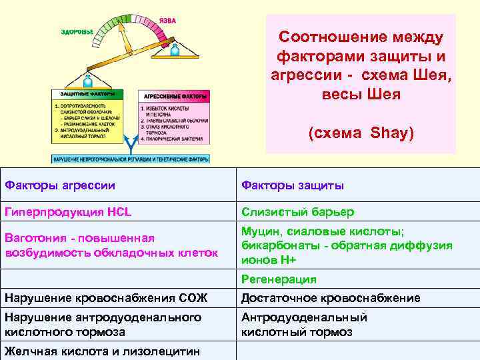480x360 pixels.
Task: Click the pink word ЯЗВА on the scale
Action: pos(168,21)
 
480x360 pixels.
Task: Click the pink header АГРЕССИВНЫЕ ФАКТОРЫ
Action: pos(173,96)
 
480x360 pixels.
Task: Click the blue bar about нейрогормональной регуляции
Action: pos(131,159)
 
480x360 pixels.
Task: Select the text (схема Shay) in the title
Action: pos(361,134)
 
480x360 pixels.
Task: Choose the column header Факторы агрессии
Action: pos(60,185)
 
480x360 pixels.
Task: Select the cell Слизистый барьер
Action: pos(297,212)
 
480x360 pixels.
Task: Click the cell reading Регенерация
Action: pos(279,279)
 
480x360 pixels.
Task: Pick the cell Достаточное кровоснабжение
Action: pos(331,298)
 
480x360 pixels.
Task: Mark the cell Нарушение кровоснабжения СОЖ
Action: pos(106,298)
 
